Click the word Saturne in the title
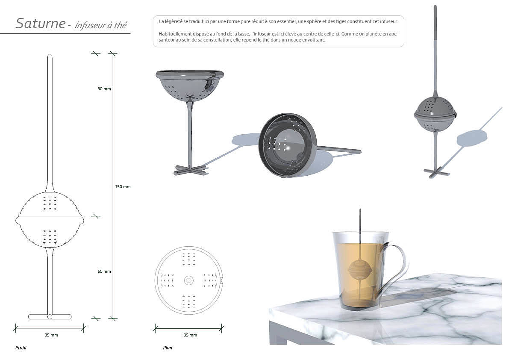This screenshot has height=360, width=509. tap(41, 24)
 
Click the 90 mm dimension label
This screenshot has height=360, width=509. tap(104, 89)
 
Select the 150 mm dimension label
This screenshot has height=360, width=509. tap(123, 187)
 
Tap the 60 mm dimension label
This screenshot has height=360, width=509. tap(104, 271)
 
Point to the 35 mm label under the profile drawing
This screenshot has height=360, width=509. tap(51, 335)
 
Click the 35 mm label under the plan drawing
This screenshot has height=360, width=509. tap(190, 335)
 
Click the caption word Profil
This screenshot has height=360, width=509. tap(21, 348)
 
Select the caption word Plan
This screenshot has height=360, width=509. tap(168, 348)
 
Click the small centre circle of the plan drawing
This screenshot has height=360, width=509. tap(188, 280)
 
